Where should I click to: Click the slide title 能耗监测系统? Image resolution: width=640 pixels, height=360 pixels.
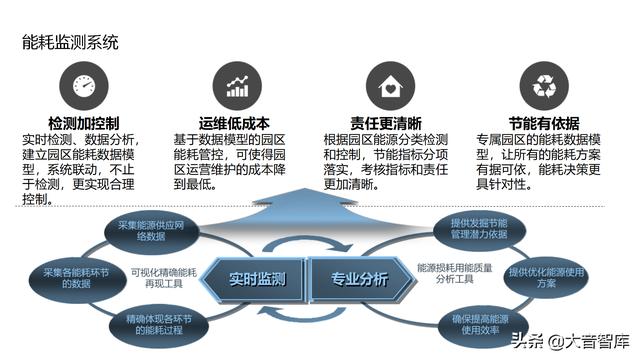pyautogui.click(x=70, y=43)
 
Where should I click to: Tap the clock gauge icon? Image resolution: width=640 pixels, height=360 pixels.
pyautogui.click(x=83, y=85)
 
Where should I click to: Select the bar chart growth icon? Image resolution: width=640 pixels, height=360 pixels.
pyautogui.click(x=237, y=85)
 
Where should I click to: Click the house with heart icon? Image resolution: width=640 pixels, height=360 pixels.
pyautogui.click(x=387, y=85)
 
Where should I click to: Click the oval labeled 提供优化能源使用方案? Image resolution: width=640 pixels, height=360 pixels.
pyautogui.click(x=545, y=277)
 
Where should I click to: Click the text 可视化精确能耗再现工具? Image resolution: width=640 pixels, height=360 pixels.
pyautogui.click(x=161, y=277)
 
